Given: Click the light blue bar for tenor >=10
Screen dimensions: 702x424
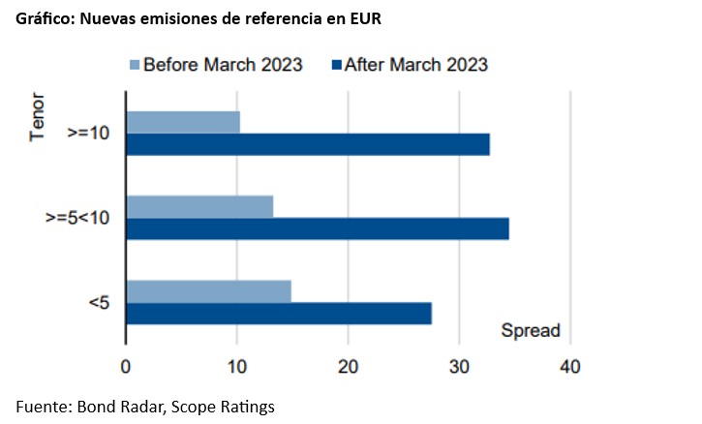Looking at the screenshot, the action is [183, 122].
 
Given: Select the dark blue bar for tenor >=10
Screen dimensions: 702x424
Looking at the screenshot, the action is [308, 144].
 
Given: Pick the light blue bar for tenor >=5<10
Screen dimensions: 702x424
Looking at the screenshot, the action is [199, 207].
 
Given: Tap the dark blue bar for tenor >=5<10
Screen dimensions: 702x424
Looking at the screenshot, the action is [318, 228].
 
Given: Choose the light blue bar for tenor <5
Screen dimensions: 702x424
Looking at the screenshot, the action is [208, 291].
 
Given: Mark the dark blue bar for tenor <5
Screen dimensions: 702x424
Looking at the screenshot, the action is [279, 314].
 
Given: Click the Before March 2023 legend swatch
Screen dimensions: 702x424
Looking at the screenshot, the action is [135, 65].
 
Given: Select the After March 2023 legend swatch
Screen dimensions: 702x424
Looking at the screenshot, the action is [336, 65].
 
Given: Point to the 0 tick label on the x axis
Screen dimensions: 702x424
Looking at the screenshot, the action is [125, 367].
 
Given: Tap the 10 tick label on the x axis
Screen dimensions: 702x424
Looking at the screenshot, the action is [237, 367].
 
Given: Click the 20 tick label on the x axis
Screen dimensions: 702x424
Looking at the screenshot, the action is [348, 367].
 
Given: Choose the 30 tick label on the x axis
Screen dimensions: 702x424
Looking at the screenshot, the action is [459, 367].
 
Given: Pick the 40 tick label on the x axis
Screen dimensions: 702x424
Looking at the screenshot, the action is [570, 367].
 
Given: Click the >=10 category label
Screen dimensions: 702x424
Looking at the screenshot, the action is [88, 133].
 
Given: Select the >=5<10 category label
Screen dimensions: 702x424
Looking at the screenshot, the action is [77, 218].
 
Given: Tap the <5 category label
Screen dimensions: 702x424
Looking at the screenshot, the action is [99, 303].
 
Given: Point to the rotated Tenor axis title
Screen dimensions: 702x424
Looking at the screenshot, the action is [37, 117].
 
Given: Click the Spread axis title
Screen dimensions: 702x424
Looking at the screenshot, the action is [531, 330].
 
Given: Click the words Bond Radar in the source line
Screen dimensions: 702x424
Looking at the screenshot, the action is [118, 407].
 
